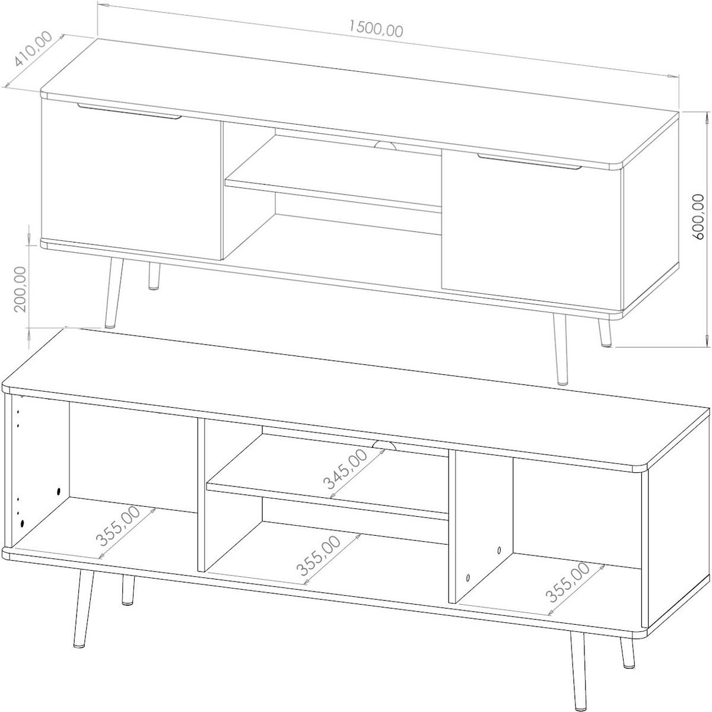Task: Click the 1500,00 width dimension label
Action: tap(376, 28)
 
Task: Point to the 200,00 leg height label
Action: tap(21, 289)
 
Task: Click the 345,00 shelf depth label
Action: tap(345, 469)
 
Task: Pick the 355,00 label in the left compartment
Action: tap(118, 526)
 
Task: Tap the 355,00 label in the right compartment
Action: tap(568, 593)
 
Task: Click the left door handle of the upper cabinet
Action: tap(129, 111)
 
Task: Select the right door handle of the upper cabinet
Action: tap(529, 161)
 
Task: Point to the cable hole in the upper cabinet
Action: tap(385, 145)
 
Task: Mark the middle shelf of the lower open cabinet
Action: tap(328, 476)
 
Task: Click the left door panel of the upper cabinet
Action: tap(131, 179)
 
